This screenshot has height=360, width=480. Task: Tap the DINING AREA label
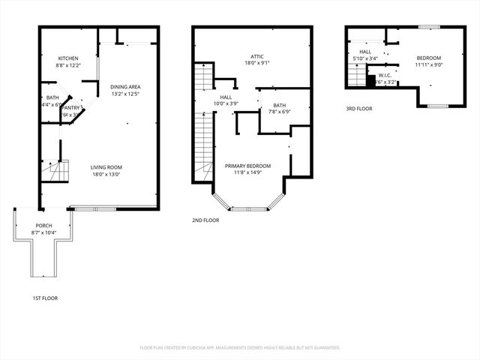pos(126,87)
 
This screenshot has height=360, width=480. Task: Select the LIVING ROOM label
pos(106,167)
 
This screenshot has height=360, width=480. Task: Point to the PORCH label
pos(44,226)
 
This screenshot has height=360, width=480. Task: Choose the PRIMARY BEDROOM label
pos(247,166)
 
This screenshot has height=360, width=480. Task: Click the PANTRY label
pos(72,108)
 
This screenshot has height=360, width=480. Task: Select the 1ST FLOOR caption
pos(45,298)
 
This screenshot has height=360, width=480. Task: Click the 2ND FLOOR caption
pos(205,220)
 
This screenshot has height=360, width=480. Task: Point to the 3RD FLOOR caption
pos(358,109)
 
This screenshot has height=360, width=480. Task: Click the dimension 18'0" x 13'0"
pos(106,175)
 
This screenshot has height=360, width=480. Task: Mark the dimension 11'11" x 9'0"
pos(428,65)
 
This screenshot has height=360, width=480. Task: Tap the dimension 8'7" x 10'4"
pos(44,233)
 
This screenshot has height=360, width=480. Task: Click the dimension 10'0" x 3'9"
pos(226,103)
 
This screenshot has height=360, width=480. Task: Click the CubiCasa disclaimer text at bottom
pos(240,348)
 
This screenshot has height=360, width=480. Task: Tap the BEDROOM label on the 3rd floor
pos(428,58)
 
